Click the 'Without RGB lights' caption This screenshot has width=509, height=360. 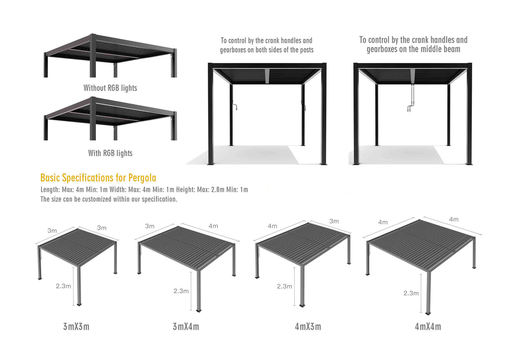(110, 88)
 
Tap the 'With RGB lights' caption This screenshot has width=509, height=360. (110, 153)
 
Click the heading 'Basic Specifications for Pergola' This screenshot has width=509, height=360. (98, 178)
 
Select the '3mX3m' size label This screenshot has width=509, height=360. (76, 326)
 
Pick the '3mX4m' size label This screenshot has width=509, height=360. (186, 326)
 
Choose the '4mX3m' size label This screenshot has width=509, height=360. (308, 326)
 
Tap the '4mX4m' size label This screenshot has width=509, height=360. (428, 326)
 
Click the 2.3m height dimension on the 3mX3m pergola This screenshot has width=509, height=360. (63, 286)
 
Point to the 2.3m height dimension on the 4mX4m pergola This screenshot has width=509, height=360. (411, 293)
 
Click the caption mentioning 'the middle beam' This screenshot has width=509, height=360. (413, 44)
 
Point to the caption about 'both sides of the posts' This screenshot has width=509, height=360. (266, 45)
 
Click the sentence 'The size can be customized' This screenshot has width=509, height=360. (109, 199)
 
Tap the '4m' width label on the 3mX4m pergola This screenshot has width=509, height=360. (213, 226)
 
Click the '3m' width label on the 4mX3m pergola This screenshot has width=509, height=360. (334, 221)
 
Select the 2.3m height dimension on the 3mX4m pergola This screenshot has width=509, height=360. (181, 291)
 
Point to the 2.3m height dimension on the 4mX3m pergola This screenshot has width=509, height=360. (284, 286)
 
